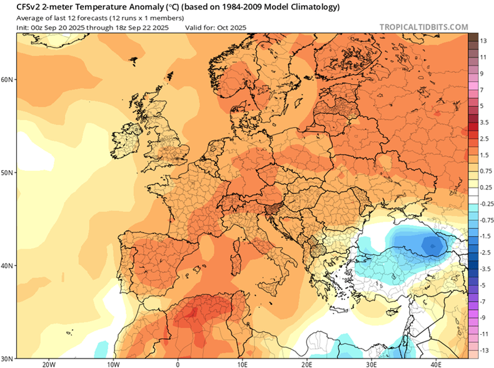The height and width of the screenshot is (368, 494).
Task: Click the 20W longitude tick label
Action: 48,364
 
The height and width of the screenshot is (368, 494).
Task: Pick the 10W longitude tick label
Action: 113,364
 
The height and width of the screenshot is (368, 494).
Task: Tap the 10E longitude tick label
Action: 242,364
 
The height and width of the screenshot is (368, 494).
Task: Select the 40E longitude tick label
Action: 436,364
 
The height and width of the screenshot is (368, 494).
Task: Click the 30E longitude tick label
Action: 371,364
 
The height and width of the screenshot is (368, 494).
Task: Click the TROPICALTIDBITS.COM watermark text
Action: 423,27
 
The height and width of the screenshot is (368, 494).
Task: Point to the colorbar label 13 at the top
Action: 483,41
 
